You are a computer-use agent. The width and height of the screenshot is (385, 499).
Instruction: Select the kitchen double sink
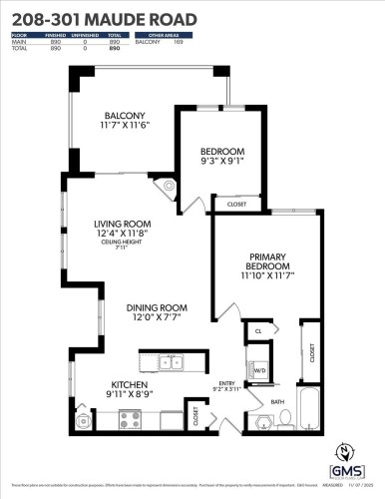(167, 360)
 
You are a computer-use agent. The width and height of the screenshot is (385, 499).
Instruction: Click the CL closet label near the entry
(258, 331)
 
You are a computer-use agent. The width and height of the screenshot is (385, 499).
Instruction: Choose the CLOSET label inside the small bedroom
(237, 204)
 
